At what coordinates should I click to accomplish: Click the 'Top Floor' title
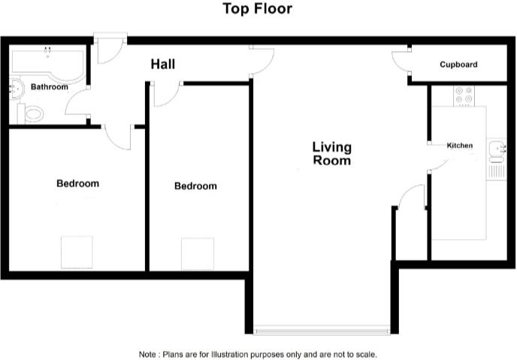(258, 9)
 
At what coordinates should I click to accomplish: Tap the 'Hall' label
(162, 65)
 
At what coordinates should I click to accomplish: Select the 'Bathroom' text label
(49, 87)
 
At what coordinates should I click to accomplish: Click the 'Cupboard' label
(458, 65)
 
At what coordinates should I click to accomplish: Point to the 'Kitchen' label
(460, 145)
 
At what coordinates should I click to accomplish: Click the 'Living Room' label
(331, 153)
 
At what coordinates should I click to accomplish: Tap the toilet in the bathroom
(32, 114)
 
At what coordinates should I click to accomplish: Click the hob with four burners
(464, 95)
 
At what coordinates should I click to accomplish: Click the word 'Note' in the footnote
(147, 354)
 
